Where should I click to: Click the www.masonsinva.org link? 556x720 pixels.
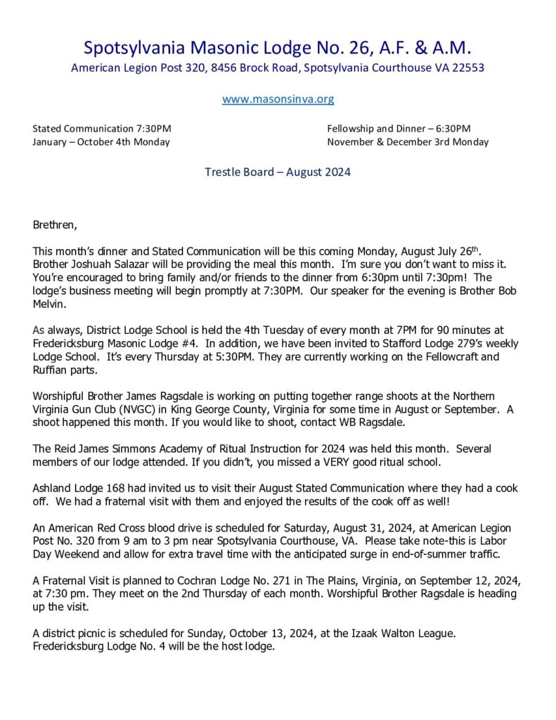278,99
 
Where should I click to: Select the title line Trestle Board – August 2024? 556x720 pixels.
278,172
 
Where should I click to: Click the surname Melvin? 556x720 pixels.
49,304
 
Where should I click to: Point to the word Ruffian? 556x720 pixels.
51,370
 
